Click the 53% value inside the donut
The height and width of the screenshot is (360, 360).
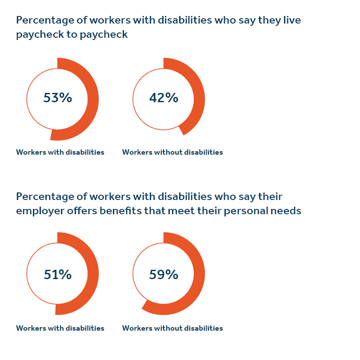click(x=58, y=98)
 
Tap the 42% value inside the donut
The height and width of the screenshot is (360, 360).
click(x=164, y=98)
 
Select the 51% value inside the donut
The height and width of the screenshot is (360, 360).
click(x=58, y=275)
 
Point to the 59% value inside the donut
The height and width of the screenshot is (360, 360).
click(x=164, y=275)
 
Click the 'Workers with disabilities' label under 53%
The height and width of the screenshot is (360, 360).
click(x=60, y=152)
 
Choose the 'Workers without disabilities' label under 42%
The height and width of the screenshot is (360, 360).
click(x=172, y=152)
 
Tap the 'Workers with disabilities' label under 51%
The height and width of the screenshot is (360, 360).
click(x=60, y=328)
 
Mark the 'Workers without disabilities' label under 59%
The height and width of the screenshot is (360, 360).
click(x=172, y=328)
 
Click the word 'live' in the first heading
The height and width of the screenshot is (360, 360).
click(x=292, y=20)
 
